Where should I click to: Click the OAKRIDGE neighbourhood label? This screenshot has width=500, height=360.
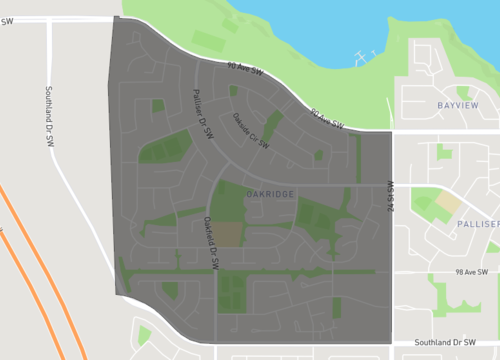point(269,194)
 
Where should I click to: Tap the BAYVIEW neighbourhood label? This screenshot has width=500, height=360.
point(459,105)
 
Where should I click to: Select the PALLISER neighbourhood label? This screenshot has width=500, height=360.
point(478,224)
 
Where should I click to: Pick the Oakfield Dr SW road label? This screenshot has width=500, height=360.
point(211,239)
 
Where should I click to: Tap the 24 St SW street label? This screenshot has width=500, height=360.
point(390,197)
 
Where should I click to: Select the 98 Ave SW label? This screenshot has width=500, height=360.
point(469,273)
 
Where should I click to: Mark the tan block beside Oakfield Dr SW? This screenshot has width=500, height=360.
point(229,234)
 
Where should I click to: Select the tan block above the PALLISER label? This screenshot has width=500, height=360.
point(448,200)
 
